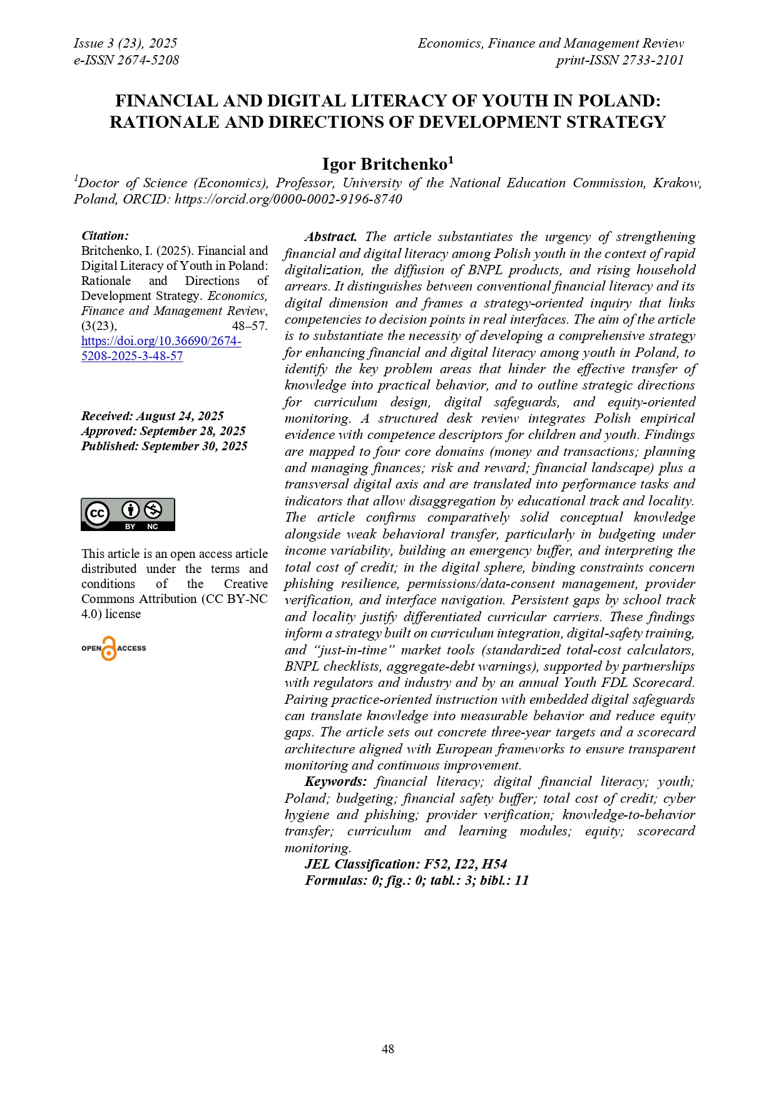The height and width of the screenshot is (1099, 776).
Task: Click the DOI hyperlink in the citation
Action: tap(161, 348)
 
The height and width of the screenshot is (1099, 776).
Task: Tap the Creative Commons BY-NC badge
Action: tap(128, 515)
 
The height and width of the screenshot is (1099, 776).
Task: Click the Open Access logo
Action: tap(113, 648)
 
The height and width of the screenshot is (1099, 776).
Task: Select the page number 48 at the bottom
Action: tap(388, 1049)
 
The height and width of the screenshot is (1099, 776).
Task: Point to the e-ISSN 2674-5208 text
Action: tap(126, 60)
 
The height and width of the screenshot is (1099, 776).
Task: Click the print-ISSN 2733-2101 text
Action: tap(620, 60)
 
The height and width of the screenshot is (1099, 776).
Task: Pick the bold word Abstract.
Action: tap(330, 237)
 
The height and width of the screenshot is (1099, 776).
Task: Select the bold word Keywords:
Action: tap(335, 782)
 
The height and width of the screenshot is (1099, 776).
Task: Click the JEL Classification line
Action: tap(406, 864)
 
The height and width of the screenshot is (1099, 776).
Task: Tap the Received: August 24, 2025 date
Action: tap(152, 416)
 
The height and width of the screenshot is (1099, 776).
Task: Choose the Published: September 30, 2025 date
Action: tap(164, 446)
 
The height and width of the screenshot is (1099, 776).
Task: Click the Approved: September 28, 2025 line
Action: tap(163, 431)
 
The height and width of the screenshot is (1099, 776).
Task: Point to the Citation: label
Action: tap(105, 235)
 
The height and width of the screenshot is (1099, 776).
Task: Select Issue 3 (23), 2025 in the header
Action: tap(125, 43)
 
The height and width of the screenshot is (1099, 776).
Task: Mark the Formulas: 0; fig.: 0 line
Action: tap(417, 880)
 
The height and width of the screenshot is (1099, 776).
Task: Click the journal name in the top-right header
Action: tap(551, 43)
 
